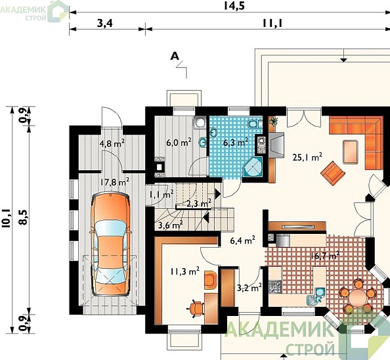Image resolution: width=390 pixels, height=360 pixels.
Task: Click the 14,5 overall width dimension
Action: coord(234,6)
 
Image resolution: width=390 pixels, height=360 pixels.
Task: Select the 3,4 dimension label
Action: coord(104,23)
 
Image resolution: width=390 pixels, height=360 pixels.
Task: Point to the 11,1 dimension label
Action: coord(273,23)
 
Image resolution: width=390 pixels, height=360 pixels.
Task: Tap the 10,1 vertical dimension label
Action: coord(6,219)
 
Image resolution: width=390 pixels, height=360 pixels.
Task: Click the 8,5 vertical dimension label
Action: coord(24,217)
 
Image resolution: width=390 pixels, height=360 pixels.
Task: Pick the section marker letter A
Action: coord(175,56)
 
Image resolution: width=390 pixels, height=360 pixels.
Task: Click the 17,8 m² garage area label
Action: coord(115,182)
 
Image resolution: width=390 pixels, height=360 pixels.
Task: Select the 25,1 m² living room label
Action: coord(307,157)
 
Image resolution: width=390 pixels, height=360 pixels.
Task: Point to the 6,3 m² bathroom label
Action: coord(236,143)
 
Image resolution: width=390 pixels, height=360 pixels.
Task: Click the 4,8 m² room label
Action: coord(112,143)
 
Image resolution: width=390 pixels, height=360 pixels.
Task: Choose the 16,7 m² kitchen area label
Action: coord(325,256)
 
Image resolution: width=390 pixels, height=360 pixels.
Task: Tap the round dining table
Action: coord(357,296)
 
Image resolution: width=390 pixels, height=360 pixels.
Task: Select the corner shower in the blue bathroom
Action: coord(253,166)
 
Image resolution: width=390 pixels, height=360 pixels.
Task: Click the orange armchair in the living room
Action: coord(333,173)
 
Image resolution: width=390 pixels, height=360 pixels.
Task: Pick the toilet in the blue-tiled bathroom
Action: coord(253,124)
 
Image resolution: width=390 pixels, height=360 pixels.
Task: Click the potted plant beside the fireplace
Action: coord(274,121)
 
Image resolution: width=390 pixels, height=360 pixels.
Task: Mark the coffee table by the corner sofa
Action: coord(351,152)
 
